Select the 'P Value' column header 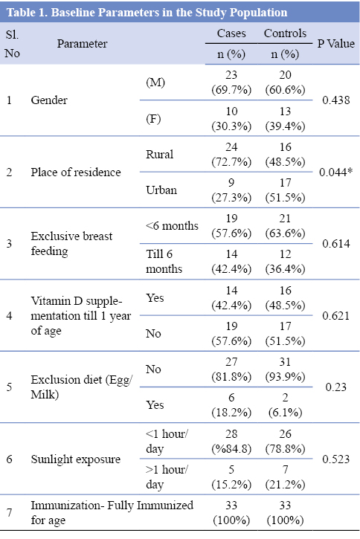click(x=335, y=44)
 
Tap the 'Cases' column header click(x=231, y=33)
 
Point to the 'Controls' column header click(x=285, y=33)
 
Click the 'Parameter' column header click(x=82, y=44)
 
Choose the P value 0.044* click(x=335, y=172)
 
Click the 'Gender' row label click(x=49, y=100)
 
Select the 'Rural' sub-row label click(x=159, y=155)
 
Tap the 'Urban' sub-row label click(x=161, y=190)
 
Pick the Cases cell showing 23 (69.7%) click(x=231, y=83)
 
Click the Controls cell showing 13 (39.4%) click(x=285, y=119)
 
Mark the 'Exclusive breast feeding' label click(x=71, y=243)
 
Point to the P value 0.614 click(x=336, y=244)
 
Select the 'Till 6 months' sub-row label click(x=164, y=261)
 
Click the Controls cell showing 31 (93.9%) click(x=285, y=369)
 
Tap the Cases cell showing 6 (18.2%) click(x=231, y=405)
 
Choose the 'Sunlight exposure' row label click(x=76, y=459)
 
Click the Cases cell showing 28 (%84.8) click(x=231, y=442)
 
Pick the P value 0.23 click(x=336, y=387)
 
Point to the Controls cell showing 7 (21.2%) click(x=285, y=477)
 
